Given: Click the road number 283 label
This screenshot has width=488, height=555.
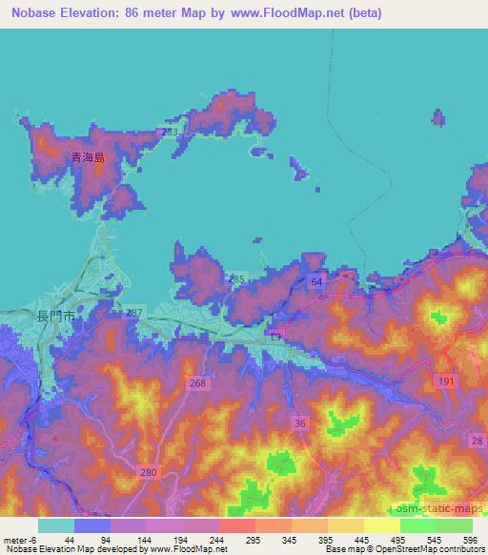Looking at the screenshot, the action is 171,132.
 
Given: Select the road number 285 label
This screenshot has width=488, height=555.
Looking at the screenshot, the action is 238,278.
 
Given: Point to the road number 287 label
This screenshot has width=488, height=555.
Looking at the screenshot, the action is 134,313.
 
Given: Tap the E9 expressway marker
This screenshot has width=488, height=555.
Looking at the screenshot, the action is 274,338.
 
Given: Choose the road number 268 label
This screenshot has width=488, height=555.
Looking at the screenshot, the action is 197,383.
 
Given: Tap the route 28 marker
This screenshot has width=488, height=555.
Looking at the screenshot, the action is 476,438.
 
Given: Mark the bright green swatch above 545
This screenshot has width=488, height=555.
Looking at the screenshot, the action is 418,525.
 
